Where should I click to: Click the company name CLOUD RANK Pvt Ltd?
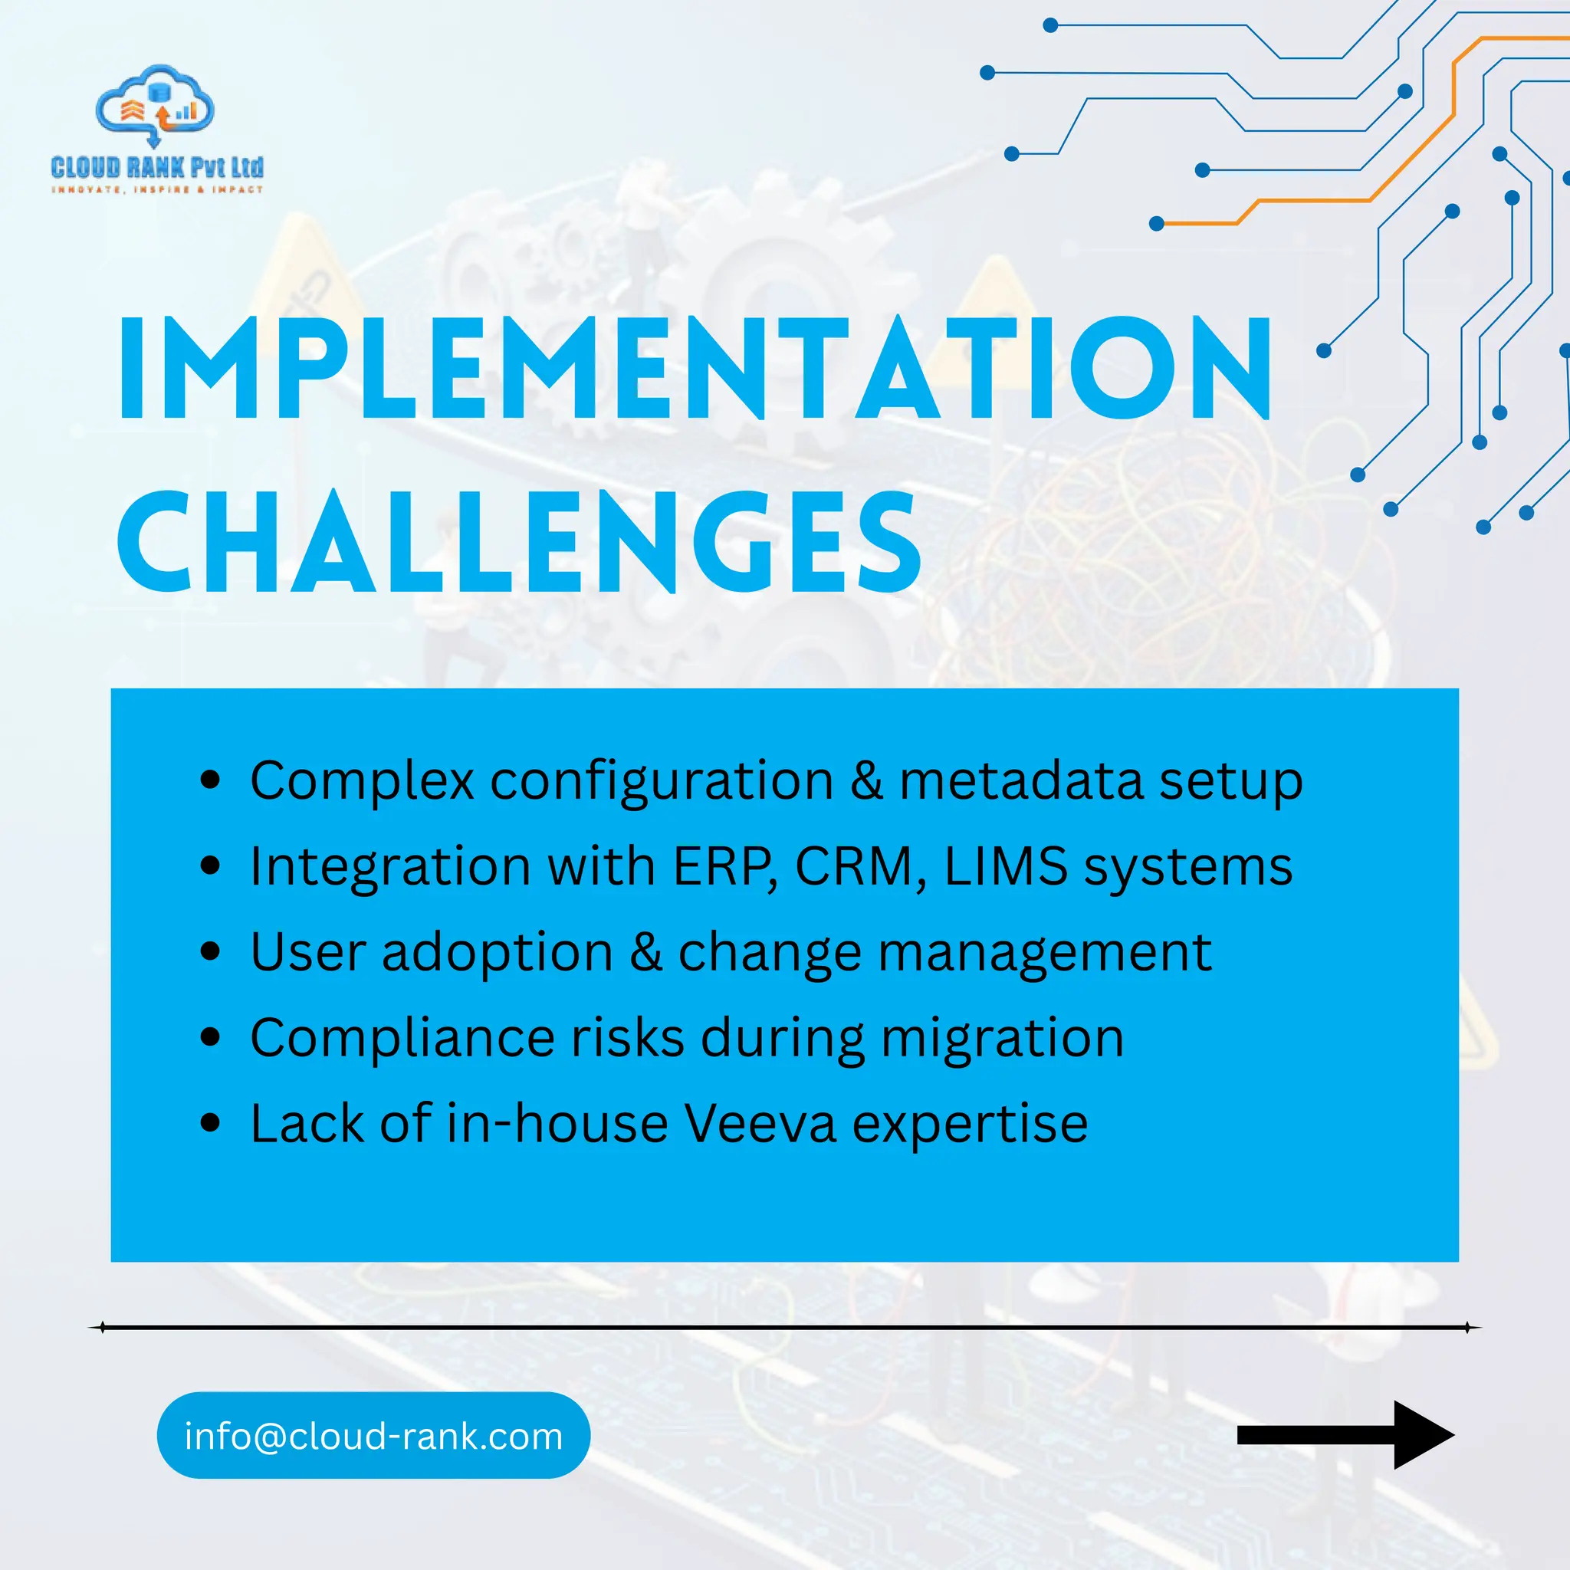click(157, 167)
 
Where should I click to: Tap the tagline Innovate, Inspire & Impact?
click(157, 189)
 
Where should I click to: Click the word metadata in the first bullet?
click(1020, 781)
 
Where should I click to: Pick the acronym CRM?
click(855, 866)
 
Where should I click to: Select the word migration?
click(1003, 1040)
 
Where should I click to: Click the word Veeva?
click(759, 1124)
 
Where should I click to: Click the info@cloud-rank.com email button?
click(373, 1436)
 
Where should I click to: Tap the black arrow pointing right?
click(1345, 1435)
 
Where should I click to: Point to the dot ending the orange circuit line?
click(1156, 224)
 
